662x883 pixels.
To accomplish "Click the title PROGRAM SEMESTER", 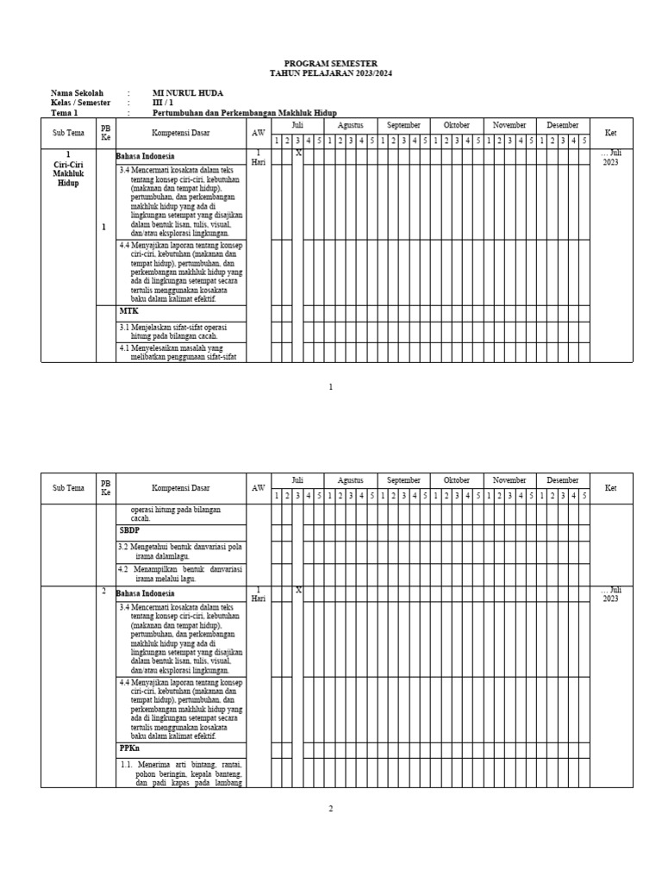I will click(x=330, y=65).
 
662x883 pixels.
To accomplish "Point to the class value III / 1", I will click(x=162, y=103).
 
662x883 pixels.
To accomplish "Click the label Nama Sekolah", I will click(x=77, y=92).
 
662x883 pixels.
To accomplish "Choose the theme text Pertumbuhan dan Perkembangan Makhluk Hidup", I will click(x=244, y=113).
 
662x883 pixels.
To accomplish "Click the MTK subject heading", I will click(x=128, y=310).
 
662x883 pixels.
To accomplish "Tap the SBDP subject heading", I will click(x=129, y=530).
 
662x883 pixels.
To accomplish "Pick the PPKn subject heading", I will click(x=129, y=749).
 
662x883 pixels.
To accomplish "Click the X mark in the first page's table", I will click(x=298, y=153).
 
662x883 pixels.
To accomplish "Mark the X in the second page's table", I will click(x=298, y=590).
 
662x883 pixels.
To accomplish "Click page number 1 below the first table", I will click(x=330, y=387).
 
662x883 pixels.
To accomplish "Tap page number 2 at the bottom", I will click(x=330, y=808).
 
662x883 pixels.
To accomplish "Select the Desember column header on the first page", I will click(x=563, y=125).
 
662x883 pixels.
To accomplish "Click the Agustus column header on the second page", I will click(x=351, y=479).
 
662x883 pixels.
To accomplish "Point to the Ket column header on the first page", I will click(x=611, y=133).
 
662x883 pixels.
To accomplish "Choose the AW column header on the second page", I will click(x=259, y=488).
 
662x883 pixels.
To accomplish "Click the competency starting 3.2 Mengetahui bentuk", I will click(x=180, y=551).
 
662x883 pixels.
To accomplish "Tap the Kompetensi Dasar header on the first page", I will click(x=181, y=133).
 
